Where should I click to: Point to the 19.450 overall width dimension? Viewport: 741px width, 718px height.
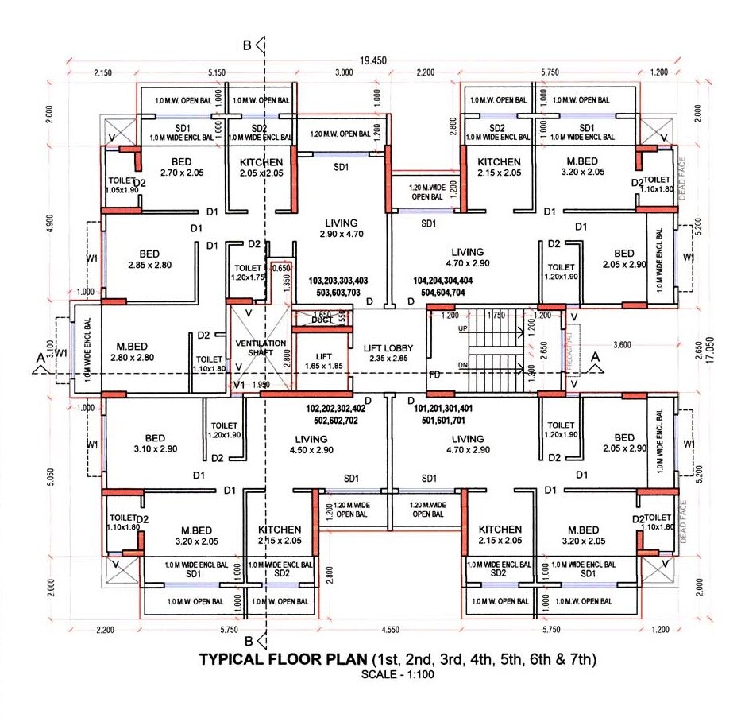[x=372, y=60]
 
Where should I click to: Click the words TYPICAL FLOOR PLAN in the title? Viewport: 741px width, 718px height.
[x=283, y=659]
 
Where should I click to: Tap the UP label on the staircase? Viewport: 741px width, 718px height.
[x=462, y=328]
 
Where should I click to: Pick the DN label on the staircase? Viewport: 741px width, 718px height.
[x=462, y=366]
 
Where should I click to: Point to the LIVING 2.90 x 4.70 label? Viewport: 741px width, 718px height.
[x=341, y=228]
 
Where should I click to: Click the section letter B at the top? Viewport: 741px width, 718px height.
[x=247, y=46]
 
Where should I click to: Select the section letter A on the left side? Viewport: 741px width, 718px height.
[x=39, y=359]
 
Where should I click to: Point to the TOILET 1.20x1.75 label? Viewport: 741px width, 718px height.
[x=248, y=274]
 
